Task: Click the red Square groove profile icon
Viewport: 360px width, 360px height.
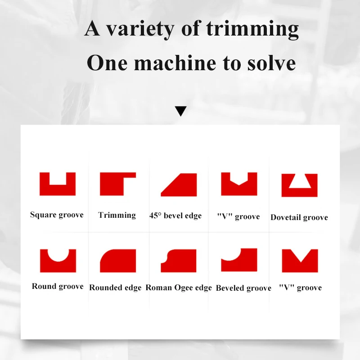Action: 58,190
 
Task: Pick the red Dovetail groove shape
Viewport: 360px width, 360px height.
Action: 299,192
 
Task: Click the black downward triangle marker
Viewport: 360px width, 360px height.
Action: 181,110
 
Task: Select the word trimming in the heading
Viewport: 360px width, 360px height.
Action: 252,29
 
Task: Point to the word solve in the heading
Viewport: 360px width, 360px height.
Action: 271,63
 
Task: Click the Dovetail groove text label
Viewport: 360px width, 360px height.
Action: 299,217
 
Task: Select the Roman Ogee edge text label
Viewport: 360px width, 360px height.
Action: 179,288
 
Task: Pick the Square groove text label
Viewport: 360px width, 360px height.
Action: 57,215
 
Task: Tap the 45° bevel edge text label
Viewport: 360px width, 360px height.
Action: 175,216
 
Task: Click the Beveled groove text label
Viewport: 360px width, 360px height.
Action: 243,288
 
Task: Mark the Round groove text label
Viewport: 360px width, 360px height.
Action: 58,286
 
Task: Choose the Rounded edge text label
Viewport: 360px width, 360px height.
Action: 115,288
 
